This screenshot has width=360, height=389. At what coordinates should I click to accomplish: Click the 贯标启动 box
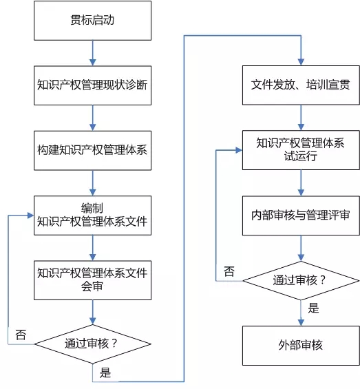pyautogui.click(x=92, y=21)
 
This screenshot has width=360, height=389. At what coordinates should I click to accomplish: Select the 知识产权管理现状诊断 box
pyautogui.click(x=92, y=85)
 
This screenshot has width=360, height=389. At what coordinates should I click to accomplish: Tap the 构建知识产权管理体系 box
pyautogui.click(x=92, y=150)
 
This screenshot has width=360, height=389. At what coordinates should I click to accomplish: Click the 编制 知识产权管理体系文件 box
pyautogui.click(x=92, y=215)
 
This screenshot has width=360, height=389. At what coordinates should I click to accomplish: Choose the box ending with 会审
pyautogui.click(x=92, y=280)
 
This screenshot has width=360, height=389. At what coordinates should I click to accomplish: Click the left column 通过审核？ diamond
pyautogui.click(x=92, y=344)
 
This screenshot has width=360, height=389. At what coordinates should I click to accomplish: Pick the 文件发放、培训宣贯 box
pyautogui.click(x=301, y=85)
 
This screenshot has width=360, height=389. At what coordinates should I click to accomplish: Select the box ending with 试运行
pyautogui.click(x=301, y=150)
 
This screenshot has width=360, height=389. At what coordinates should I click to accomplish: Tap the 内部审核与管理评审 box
pyautogui.click(x=301, y=215)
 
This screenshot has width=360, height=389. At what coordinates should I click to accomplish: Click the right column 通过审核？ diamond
pyautogui.click(x=301, y=281)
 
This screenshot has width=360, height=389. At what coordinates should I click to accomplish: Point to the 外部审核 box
pyautogui.click(x=301, y=346)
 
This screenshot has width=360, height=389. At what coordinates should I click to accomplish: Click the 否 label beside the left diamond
pyautogui.click(x=21, y=335)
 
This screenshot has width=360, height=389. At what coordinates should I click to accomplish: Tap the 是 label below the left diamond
pyautogui.click(x=105, y=372)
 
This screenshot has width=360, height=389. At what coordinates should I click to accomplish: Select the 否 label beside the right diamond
pyautogui.click(x=229, y=271)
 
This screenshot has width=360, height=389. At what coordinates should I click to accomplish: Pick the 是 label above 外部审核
pyautogui.click(x=313, y=308)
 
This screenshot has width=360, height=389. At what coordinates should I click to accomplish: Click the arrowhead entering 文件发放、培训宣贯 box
pyautogui.click(x=301, y=62)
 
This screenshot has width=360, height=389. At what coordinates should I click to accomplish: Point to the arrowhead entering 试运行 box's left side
pyautogui.click(x=239, y=150)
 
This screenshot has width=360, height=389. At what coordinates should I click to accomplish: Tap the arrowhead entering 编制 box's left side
pyautogui.click(x=30, y=215)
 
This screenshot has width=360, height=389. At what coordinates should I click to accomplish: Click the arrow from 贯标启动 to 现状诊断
pyautogui.click(x=92, y=53)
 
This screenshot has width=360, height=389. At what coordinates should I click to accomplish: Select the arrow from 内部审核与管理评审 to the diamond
pyautogui.click(x=301, y=248)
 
